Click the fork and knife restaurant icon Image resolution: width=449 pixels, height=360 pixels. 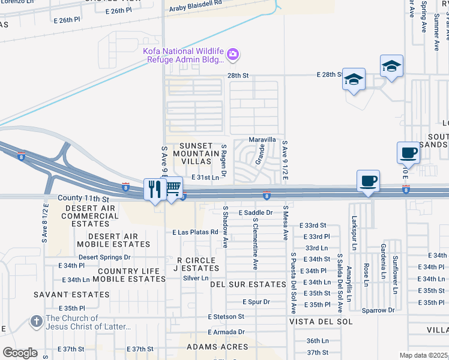155,190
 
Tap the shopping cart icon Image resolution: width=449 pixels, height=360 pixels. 173,188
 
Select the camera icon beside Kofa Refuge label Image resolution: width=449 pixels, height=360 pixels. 233,55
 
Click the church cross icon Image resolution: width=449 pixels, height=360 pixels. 37,322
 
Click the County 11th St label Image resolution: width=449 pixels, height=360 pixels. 83,198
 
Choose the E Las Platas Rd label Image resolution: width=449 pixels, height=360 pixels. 194,232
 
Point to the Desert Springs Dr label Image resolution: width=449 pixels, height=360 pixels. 104,257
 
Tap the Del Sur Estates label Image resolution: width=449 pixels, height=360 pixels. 248,284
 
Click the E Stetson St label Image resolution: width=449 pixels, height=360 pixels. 226,316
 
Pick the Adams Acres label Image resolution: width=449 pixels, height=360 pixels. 217,347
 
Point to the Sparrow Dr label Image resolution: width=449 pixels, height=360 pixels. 378,310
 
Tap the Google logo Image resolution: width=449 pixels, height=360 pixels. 20,353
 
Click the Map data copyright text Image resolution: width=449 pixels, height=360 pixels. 423,355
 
